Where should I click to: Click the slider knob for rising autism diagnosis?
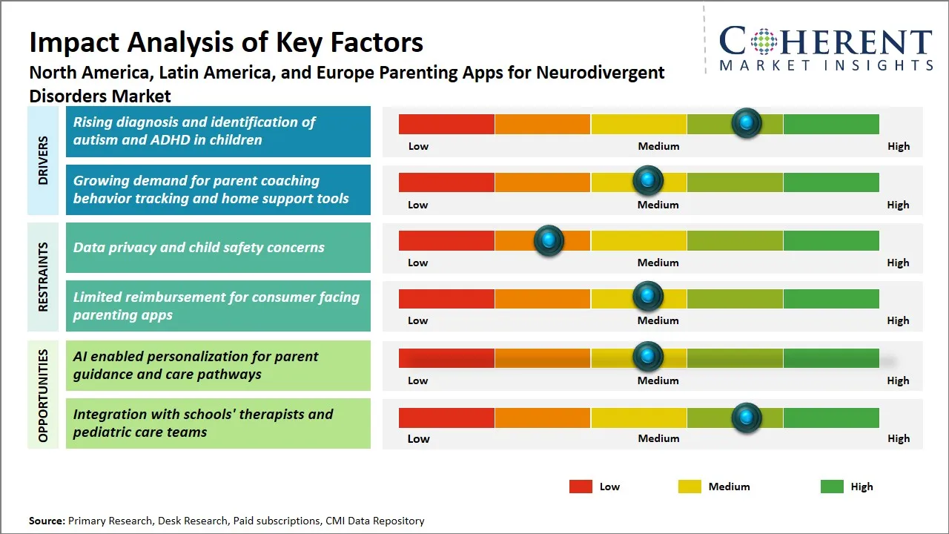746,123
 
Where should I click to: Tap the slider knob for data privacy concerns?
549,240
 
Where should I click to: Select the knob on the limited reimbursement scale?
647,297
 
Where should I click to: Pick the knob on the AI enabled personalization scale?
647,357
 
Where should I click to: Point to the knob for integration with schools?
746,418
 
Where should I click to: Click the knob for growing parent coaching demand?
647,180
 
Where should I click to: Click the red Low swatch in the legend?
581,487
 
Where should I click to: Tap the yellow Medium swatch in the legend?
690,487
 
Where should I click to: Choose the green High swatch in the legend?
832,487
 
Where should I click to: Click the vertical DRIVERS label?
43,160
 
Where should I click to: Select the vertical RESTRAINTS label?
43,277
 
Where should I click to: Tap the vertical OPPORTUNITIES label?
43,395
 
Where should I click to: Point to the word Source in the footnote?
47,521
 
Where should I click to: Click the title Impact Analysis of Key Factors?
226,42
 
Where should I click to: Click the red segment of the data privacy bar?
446,240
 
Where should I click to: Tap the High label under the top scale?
898,146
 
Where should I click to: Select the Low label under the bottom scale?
418,438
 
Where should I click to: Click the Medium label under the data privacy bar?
658,263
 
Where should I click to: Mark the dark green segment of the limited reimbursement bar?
830,298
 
